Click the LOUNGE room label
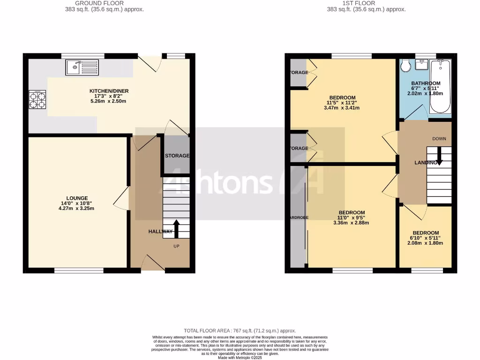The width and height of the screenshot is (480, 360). point(77,198)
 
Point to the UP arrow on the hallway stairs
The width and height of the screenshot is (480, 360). point(176,229)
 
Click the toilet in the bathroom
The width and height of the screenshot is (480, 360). point(406,66)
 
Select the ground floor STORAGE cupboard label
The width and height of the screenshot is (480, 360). point(177,156)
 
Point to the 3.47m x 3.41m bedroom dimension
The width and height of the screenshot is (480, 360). point(341,108)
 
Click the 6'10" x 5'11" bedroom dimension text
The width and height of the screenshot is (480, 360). point(425,238)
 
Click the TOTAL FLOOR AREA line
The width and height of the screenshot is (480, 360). point(240,331)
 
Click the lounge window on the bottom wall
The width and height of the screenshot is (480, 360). point(79,270)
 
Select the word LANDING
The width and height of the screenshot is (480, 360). point(426,163)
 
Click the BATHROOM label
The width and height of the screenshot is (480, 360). point(425,83)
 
